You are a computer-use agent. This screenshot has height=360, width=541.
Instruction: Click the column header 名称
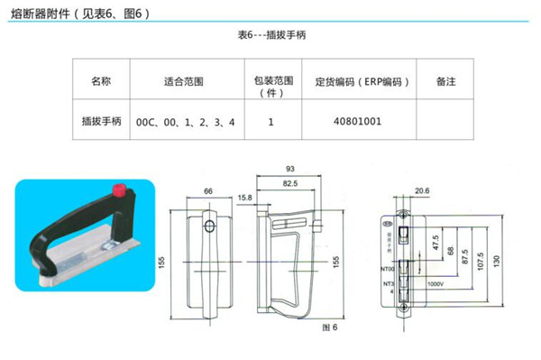(x=101, y=81)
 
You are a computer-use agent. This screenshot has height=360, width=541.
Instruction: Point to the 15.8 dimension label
(x=243, y=197)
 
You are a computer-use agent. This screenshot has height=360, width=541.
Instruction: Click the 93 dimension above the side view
(x=289, y=169)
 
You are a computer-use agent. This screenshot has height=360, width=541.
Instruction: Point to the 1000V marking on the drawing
(x=436, y=284)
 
